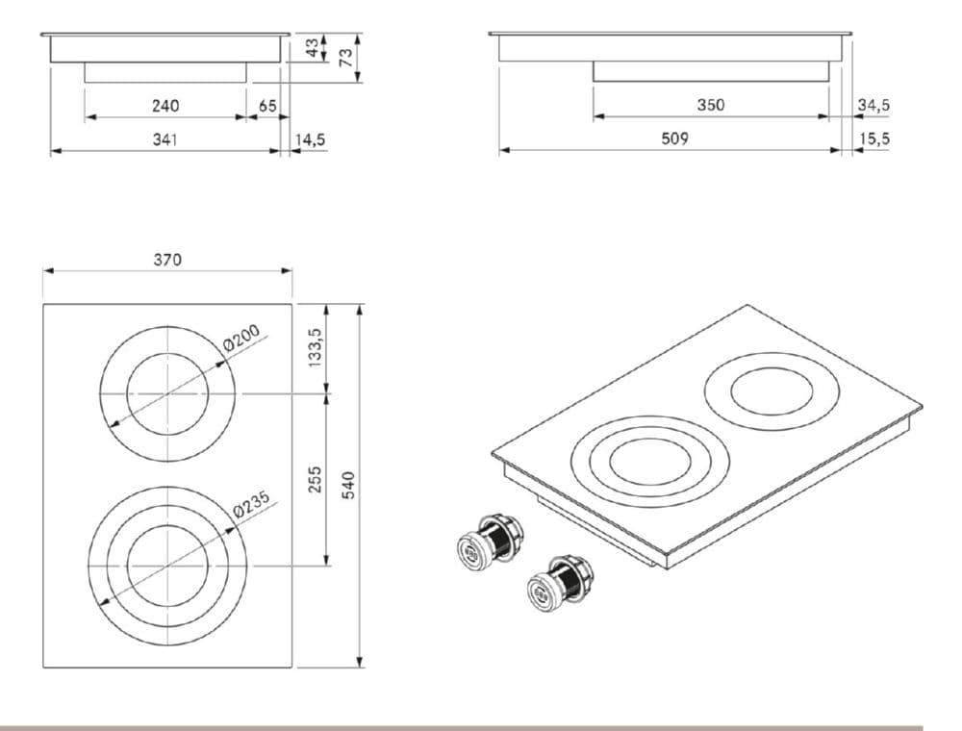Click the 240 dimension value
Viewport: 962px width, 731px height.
(165, 105)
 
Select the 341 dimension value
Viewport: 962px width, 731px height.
(165, 139)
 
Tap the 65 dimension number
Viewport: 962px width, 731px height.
(267, 105)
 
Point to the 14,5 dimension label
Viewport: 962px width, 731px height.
(310, 139)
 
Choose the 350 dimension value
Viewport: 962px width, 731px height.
(710, 105)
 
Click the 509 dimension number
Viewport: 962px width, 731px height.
(674, 139)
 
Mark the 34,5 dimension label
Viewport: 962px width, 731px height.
(873, 105)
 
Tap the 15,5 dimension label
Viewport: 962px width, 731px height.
(873, 139)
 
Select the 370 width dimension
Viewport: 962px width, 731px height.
(167, 259)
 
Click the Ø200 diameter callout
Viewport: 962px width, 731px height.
(241, 340)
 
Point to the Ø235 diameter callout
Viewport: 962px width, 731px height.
(254, 505)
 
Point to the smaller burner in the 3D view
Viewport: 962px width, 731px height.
(772, 395)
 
